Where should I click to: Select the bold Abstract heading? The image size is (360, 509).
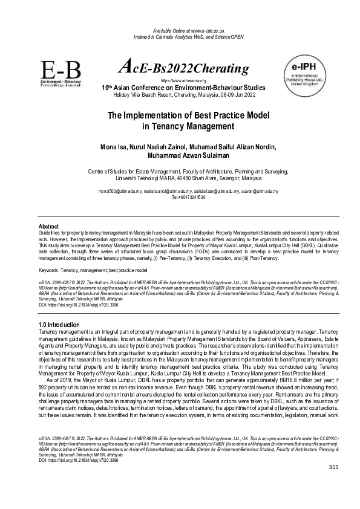(x=48, y=226)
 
